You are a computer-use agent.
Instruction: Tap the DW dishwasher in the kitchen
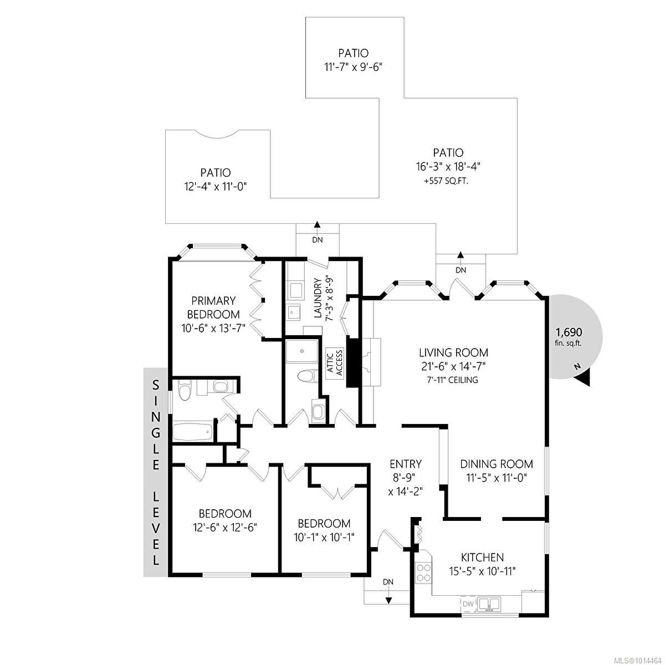pos(468,603)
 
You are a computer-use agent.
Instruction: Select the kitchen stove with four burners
pos(424,572)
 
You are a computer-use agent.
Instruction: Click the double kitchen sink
pos(489,603)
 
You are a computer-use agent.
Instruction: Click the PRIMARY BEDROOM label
pos(213,307)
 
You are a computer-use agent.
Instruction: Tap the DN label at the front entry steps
pos(388,582)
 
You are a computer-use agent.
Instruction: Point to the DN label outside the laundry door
pos(317,240)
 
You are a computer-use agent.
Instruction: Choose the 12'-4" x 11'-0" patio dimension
pos(216,187)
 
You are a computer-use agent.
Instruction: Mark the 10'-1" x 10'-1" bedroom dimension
pos(324,537)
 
